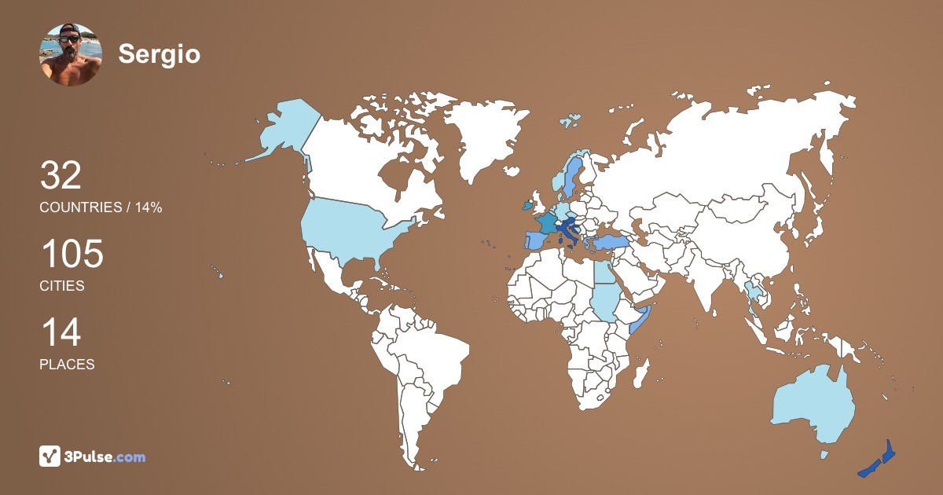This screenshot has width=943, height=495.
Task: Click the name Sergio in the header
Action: click(160, 54)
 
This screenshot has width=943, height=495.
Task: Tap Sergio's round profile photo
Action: click(71, 55)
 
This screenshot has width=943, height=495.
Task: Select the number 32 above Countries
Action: click(61, 176)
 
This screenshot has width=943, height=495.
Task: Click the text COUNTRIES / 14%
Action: click(101, 207)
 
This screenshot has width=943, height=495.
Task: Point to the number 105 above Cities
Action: click(72, 255)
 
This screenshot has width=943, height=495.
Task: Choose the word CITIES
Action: click(62, 286)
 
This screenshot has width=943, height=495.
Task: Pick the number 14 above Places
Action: click(61, 333)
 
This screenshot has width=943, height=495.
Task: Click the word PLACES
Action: click(67, 365)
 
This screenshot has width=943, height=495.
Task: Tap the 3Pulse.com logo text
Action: click(106, 456)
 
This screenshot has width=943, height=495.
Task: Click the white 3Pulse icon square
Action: click(50, 456)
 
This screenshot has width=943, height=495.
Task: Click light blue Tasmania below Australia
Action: click(824, 454)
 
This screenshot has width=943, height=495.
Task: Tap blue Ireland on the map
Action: click(527, 206)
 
